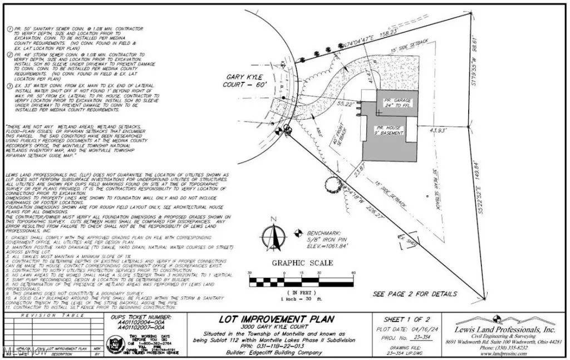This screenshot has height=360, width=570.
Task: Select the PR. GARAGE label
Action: (396, 102)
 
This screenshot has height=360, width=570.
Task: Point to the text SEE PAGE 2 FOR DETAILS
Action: (415, 294)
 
